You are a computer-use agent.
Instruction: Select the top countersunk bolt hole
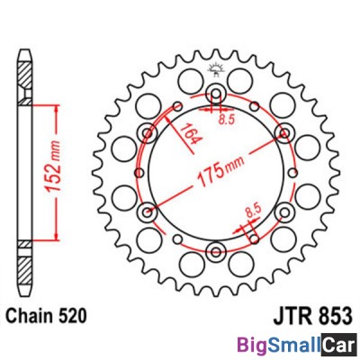click(x=215, y=94)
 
